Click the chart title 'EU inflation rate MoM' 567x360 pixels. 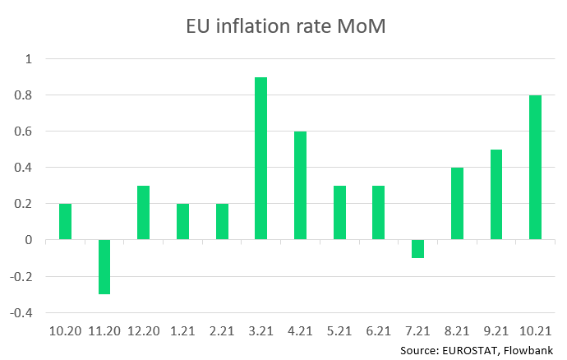(283, 26)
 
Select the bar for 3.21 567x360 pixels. (261, 159)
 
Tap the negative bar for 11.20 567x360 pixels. (104, 267)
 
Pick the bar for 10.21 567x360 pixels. (535, 168)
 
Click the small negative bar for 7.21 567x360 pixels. (417, 249)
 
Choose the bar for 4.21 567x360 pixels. (300, 186)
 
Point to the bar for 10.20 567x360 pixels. (65, 222)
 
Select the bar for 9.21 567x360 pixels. (496, 195)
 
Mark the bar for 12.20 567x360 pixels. (144, 213)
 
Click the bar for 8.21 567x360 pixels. (457, 204)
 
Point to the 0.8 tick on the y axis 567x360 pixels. (28, 95)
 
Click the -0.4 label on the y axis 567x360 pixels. (25, 313)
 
